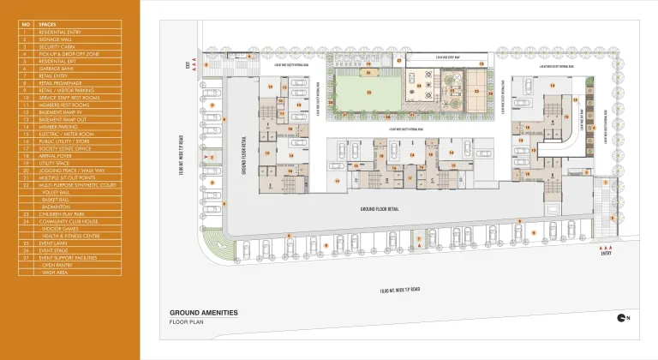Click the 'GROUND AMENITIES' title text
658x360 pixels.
point(203,313)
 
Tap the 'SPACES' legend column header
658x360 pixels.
point(47,25)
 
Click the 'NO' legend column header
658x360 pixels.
point(26,25)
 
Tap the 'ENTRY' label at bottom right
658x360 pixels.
point(607,253)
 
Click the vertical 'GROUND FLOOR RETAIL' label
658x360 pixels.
point(242,155)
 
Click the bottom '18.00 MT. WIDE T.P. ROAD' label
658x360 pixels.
point(401,291)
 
